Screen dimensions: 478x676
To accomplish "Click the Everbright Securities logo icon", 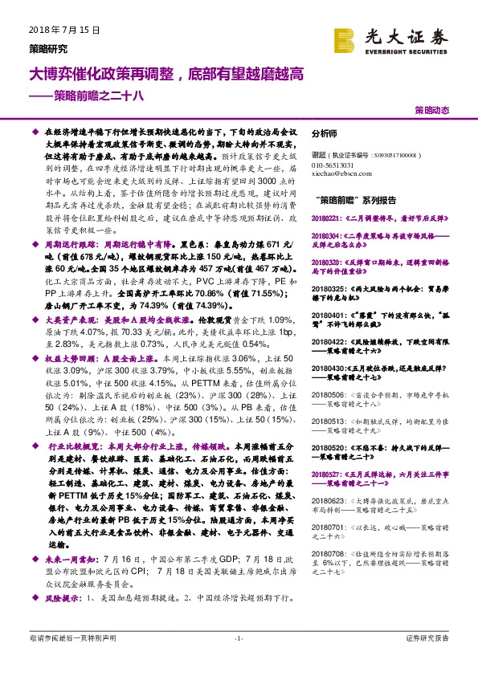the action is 345,39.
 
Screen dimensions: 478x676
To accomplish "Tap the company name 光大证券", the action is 401,35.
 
